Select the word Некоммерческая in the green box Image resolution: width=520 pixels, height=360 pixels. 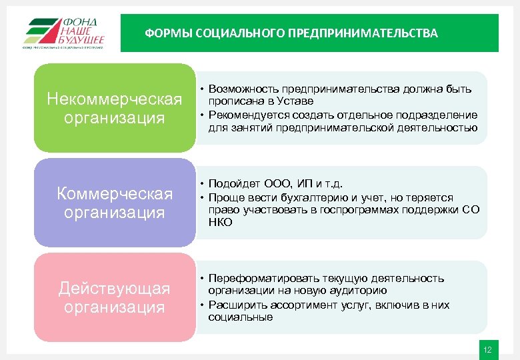coord(115,99)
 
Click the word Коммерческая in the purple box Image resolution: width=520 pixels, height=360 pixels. coord(115,194)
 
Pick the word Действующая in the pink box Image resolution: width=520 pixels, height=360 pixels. coord(115,289)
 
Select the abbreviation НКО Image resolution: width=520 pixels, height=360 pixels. coord(220,223)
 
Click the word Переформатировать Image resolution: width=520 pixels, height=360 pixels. coord(264,279)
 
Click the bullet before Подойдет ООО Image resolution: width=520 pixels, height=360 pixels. coord(201,185)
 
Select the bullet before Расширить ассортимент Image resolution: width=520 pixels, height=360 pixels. coord(201,305)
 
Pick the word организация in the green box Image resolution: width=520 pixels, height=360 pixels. coord(115,118)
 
